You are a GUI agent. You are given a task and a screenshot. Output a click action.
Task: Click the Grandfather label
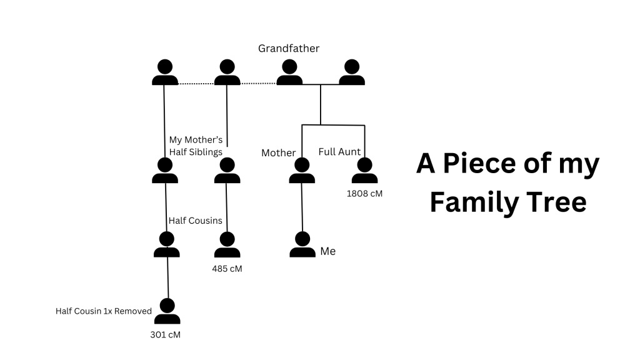pyautogui.click(x=289, y=48)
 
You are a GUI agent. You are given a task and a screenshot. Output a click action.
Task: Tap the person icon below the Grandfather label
pyautogui.click(x=289, y=72)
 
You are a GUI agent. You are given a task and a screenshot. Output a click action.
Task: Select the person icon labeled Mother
pyautogui.click(x=302, y=171)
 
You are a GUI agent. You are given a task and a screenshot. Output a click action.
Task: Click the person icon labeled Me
pyautogui.click(x=302, y=244)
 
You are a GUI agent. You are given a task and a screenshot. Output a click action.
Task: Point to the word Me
pyautogui.click(x=327, y=251)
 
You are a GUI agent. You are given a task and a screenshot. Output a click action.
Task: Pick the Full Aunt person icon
pyautogui.click(x=364, y=171)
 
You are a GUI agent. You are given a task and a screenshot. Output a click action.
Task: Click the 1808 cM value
pyautogui.click(x=364, y=194)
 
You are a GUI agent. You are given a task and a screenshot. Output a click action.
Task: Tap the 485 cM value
pyautogui.click(x=227, y=269)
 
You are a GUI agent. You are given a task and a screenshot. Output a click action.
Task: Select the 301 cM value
pyautogui.click(x=165, y=334)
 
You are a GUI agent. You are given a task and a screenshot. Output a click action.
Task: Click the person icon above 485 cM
pyautogui.click(x=227, y=244)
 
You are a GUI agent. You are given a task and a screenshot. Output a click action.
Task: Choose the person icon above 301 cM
pyautogui.click(x=167, y=311)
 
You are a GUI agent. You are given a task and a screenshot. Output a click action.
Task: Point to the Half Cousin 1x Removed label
pyautogui.click(x=104, y=311)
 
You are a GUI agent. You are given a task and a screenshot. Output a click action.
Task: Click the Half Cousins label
pyautogui.click(x=196, y=221)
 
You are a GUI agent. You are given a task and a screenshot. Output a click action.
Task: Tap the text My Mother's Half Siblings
pyautogui.click(x=196, y=146)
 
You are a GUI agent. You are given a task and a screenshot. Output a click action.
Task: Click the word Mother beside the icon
pyautogui.click(x=278, y=153)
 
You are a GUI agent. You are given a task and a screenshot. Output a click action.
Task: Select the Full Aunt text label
pyautogui.click(x=339, y=152)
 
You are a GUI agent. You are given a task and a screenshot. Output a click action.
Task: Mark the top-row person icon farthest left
pyautogui.click(x=165, y=72)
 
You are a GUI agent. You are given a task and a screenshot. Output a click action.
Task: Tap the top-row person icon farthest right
pyautogui.click(x=352, y=72)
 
